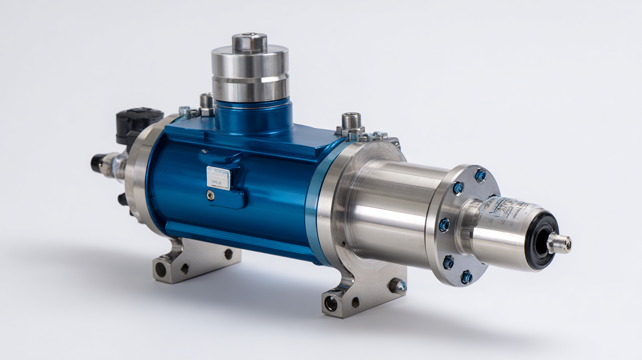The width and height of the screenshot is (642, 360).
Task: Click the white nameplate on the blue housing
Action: point(218,178)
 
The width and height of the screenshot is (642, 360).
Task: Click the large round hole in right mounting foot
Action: point(331,303)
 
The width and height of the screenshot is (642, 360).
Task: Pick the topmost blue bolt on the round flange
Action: point(480,176)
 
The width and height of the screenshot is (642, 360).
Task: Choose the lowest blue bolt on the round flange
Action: point(467,277)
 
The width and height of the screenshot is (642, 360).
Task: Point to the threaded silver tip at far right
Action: point(561,244)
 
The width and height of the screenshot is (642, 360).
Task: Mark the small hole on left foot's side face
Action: point(228,254)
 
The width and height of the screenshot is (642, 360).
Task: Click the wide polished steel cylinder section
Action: point(392,212)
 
